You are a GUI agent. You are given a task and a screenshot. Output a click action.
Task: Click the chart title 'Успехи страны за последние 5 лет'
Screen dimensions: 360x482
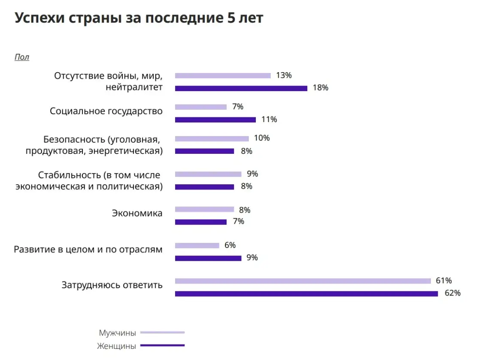click(x=139, y=19)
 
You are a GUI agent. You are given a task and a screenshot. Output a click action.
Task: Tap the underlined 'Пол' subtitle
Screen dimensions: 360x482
click(x=22, y=57)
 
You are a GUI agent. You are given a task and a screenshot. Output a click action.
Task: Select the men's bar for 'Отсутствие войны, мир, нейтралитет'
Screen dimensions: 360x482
click(x=223, y=76)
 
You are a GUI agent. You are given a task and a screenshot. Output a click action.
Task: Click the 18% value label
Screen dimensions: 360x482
click(x=320, y=88)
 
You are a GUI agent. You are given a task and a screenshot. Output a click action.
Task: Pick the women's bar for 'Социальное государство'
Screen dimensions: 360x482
click(x=215, y=120)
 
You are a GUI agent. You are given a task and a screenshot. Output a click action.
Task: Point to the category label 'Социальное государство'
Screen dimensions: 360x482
click(x=106, y=111)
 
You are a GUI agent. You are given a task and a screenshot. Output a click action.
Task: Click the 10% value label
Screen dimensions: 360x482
click(x=261, y=138)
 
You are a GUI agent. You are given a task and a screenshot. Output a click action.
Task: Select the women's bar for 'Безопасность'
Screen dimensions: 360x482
click(x=204, y=151)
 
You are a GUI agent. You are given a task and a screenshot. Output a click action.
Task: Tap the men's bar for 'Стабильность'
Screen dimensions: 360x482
click(x=208, y=174)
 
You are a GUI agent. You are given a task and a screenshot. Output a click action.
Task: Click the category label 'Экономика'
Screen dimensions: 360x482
click(x=137, y=213)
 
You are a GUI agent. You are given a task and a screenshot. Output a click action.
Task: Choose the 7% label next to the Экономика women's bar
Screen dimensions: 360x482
click(x=238, y=222)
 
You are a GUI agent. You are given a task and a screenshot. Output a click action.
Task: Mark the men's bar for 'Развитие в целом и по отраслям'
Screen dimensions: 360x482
click(x=197, y=246)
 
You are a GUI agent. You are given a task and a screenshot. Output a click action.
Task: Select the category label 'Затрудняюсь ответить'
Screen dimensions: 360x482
click(x=112, y=285)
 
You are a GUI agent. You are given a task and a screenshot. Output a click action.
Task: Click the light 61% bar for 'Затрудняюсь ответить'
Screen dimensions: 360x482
click(x=303, y=281)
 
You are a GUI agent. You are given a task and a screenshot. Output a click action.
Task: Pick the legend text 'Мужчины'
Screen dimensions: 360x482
click(x=117, y=333)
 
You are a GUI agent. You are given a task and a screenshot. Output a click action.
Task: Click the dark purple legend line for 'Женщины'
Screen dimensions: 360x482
click(x=162, y=345)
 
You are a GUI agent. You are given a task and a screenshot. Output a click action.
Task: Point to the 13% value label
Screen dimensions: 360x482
click(x=284, y=76)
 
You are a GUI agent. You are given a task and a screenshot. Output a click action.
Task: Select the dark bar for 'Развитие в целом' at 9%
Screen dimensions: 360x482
click(x=208, y=258)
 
